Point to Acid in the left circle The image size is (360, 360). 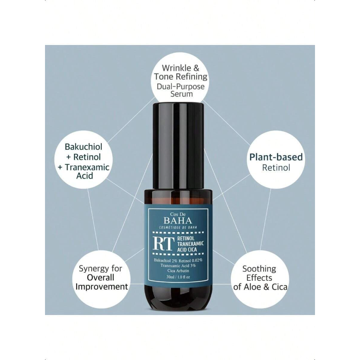(x=85, y=176)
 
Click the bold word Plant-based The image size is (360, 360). (x=276, y=157)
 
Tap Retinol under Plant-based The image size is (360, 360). (x=276, y=168)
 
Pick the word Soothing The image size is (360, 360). (x=259, y=269)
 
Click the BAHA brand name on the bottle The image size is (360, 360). (x=177, y=220)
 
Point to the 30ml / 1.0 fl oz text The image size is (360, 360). (x=179, y=277)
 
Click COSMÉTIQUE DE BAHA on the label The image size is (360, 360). (x=178, y=227)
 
